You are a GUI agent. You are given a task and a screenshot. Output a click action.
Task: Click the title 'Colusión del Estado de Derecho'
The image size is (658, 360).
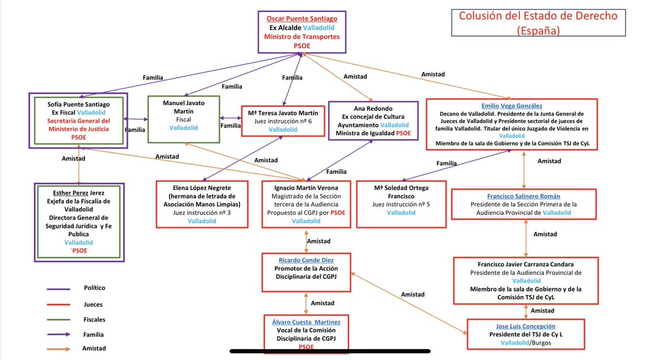tap(538, 16)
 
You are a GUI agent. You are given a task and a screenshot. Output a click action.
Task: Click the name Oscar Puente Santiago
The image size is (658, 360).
tap(302, 19)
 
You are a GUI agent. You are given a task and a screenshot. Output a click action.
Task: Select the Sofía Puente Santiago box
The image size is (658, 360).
tap(78, 121)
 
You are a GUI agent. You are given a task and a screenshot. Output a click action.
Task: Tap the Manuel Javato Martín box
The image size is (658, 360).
tap(184, 119)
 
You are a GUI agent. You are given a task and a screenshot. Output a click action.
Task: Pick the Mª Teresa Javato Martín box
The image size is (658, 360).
tap(283, 121)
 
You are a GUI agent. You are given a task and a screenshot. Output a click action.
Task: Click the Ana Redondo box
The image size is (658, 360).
tap(373, 121)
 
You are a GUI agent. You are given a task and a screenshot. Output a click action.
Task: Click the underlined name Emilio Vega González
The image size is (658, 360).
tap(512, 106)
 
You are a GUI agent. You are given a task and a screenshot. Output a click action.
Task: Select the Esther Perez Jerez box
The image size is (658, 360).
tap(79, 222)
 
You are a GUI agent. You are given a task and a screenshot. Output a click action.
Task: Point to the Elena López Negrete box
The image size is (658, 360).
tap(202, 204)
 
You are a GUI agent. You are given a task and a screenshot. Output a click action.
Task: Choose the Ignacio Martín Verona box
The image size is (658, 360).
tap(306, 204)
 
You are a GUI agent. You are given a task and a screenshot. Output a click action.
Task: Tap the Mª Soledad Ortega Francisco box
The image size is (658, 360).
tap(401, 204)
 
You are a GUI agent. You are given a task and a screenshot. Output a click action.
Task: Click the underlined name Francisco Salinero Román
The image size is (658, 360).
tap(524, 196)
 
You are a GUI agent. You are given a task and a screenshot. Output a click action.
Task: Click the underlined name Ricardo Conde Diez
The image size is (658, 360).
tap(306, 260)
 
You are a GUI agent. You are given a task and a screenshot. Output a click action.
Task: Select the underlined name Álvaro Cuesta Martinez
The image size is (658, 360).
tap(306, 322)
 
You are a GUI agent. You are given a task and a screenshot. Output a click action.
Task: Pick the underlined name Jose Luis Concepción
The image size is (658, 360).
tap(525, 326)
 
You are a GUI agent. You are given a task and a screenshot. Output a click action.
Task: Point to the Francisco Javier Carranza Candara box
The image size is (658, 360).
tap(526, 281)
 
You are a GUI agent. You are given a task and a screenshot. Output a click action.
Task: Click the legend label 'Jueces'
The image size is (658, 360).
tap(93, 305)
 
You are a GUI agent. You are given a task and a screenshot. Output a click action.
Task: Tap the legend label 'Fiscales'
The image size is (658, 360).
tap(94, 319)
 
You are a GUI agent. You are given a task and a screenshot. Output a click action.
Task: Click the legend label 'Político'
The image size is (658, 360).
tap(94, 288)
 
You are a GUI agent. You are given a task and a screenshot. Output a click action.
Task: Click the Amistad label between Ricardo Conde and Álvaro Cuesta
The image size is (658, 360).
tap(322, 303)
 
